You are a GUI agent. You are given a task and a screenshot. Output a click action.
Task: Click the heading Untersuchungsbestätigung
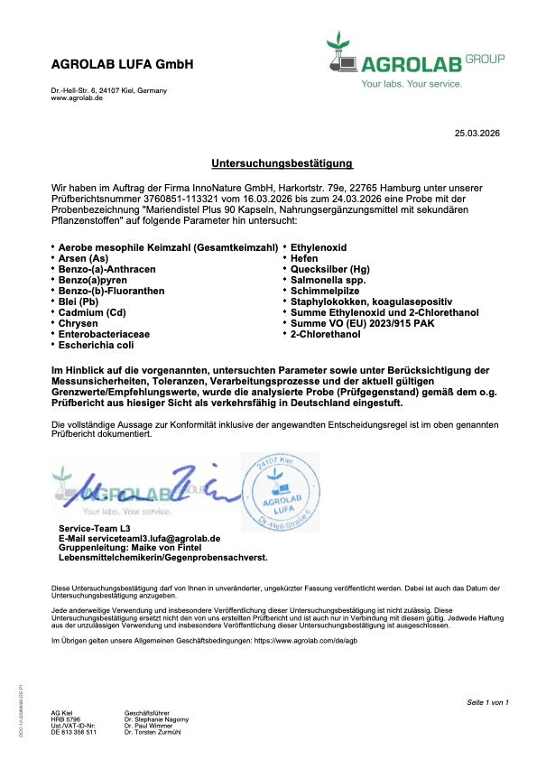(269, 163)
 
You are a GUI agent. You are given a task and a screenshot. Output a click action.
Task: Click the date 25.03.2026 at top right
(477, 134)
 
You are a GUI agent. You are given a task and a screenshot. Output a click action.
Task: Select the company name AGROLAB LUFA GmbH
(122, 65)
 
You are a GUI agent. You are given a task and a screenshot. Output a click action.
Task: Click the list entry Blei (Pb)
(81, 301)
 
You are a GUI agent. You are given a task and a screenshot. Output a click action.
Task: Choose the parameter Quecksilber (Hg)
(329, 269)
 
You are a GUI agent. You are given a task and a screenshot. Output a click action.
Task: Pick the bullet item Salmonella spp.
(328, 280)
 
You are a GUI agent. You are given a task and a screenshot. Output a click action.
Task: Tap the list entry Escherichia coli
(95, 345)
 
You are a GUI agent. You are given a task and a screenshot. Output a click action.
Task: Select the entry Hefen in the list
(307, 258)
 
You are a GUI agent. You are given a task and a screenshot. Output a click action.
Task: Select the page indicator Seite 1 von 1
(488, 702)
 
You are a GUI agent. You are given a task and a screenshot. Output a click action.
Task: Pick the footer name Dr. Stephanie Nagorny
(156, 719)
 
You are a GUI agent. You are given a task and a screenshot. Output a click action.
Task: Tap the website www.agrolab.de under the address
(77, 97)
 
